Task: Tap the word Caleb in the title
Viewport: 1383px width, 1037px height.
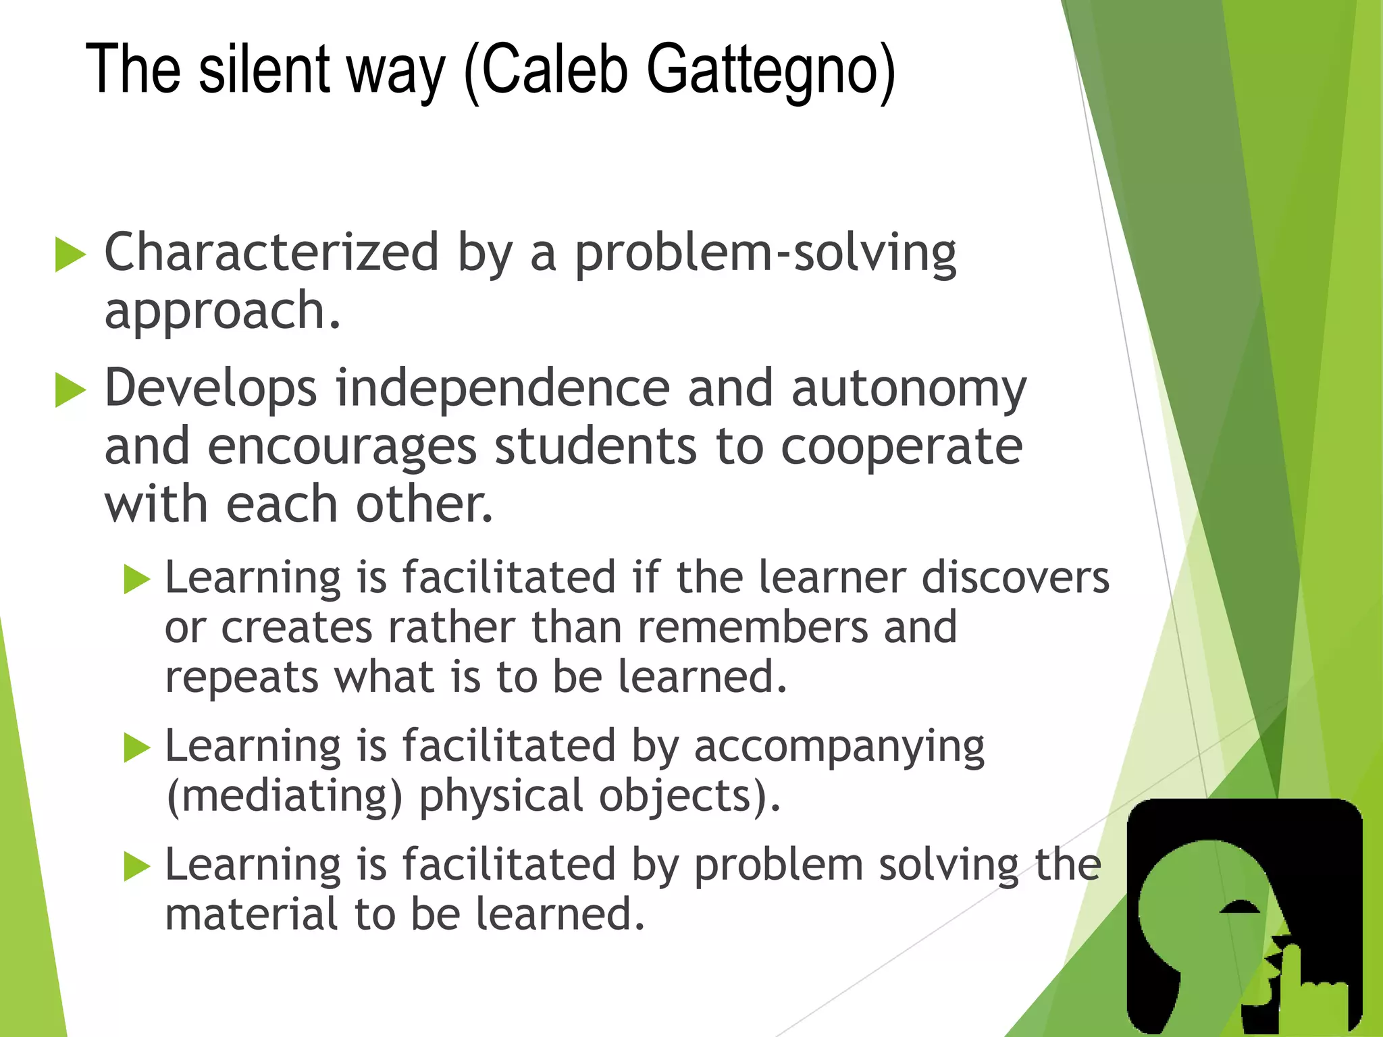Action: (x=554, y=70)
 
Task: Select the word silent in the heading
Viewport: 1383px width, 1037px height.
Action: (x=263, y=70)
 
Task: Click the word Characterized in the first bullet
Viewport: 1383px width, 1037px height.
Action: (x=271, y=252)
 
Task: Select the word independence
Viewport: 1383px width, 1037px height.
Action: (x=503, y=389)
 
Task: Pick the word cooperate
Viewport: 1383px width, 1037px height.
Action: (x=902, y=448)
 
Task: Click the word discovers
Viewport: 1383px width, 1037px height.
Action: (x=1016, y=578)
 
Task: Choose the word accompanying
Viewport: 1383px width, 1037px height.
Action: (x=839, y=747)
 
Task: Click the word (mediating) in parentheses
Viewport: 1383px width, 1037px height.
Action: (x=284, y=797)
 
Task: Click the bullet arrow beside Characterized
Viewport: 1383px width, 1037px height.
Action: (x=70, y=255)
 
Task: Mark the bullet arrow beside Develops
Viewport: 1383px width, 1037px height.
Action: (x=70, y=391)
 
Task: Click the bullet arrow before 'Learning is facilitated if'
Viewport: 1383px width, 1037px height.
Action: (x=137, y=579)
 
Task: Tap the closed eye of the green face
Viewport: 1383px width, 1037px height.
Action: (x=1240, y=909)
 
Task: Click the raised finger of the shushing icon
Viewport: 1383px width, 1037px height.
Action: (x=1291, y=972)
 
